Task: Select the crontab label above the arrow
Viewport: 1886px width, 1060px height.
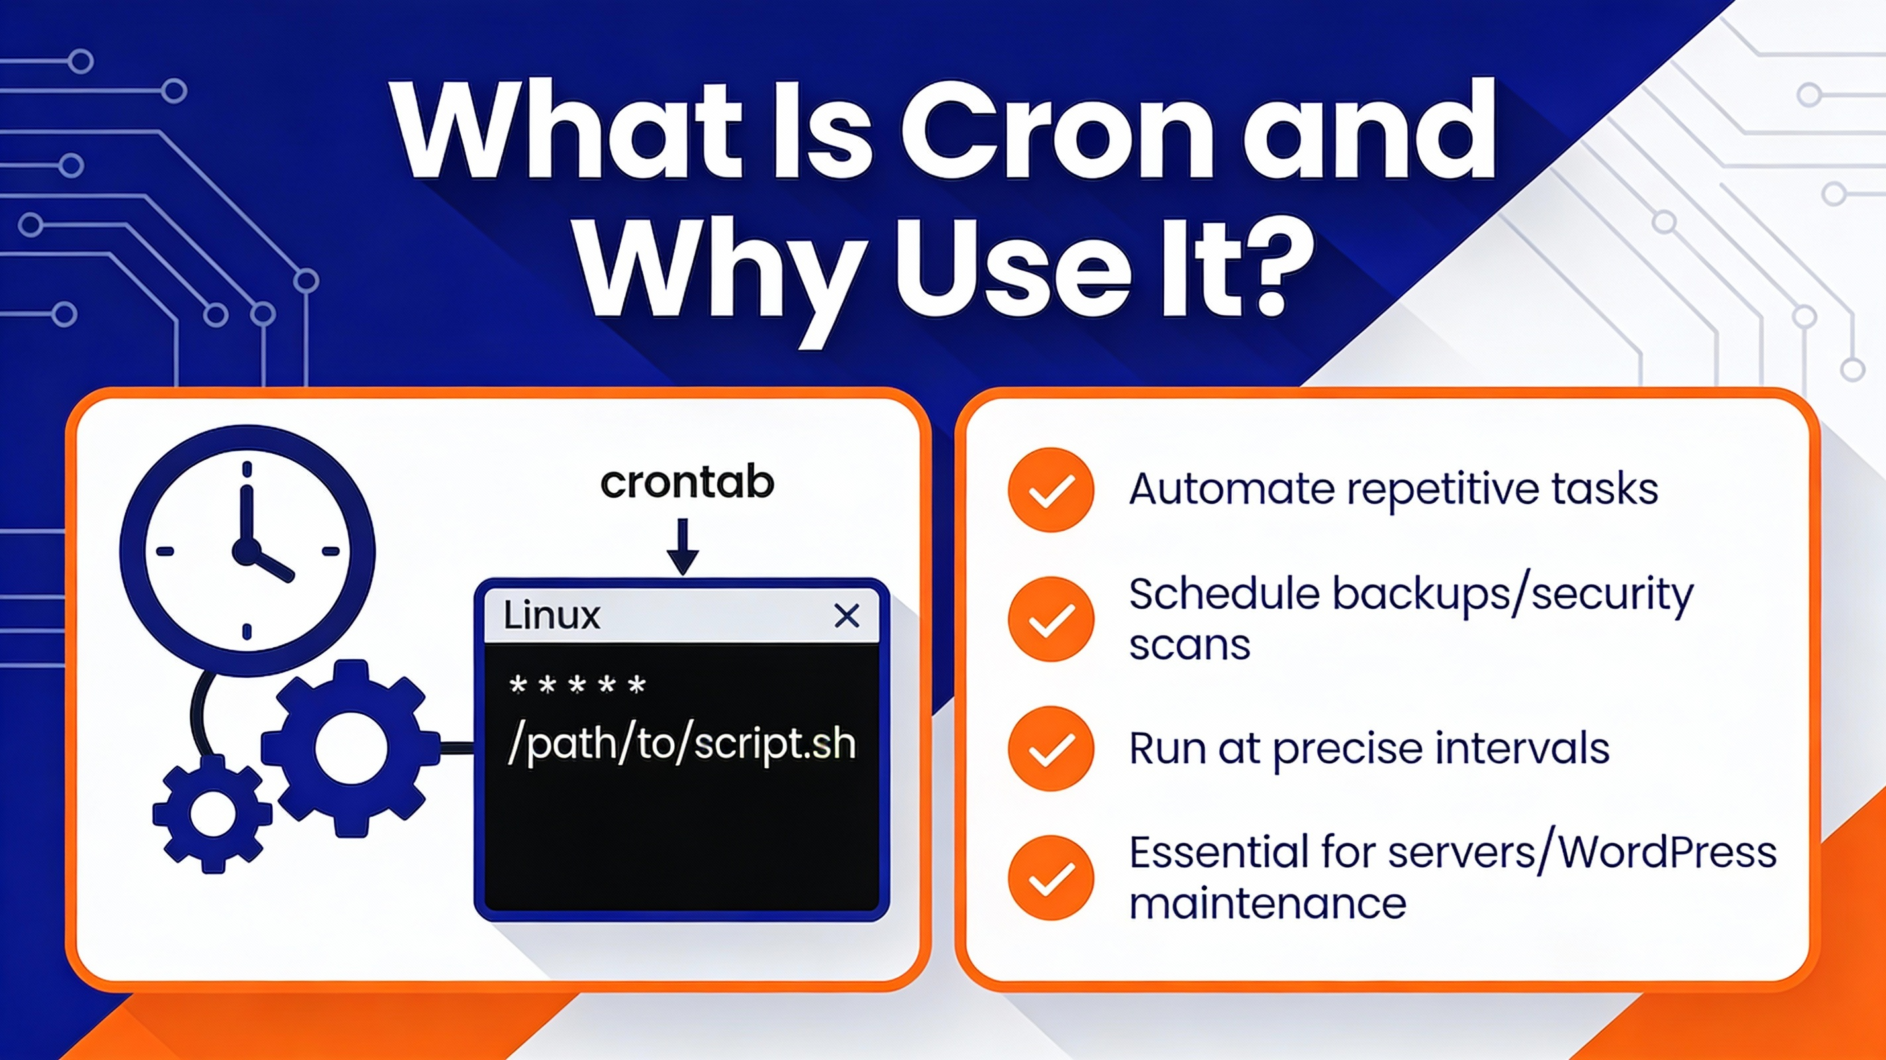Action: (x=687, y=483)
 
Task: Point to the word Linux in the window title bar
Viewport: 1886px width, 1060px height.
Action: (x=552, y=615)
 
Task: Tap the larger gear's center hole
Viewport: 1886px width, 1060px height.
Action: (x=351, y=748)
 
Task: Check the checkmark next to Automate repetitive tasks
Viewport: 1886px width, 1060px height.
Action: (x=1051, y=490)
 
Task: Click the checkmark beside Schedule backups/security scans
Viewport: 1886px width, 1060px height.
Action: (x=1051, y=619)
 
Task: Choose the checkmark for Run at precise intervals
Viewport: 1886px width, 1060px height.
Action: (x=1051, y=749)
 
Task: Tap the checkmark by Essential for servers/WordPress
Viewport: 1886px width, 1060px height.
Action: (x=1051, y=878)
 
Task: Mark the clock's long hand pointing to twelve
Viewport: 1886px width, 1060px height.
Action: (x=246, y=513)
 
